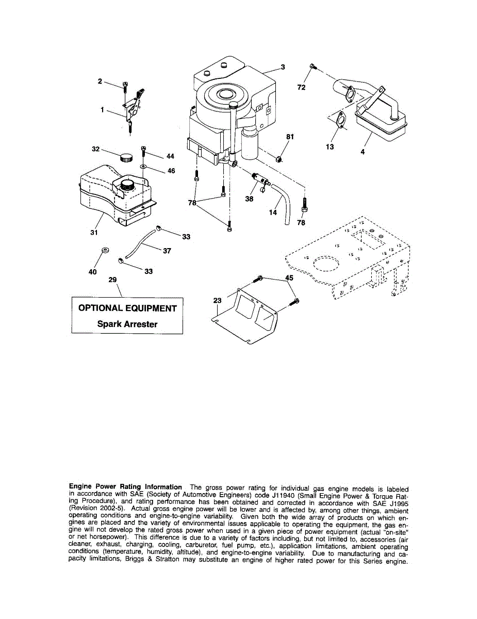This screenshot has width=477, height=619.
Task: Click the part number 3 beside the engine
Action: [x=283, y=67]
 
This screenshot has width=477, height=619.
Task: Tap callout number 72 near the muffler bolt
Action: [x=302, y=88]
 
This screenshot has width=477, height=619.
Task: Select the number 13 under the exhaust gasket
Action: [x=330, y=147]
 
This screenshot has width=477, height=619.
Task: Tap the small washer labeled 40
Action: [x=104, y=250]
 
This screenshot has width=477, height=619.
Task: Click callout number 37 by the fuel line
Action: [x=167, y=251]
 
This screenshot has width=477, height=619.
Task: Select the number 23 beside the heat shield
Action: [x=217, y=300]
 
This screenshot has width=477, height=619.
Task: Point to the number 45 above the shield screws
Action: [x=289, y=277]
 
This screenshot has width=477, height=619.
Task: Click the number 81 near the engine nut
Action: [x=290, y=136]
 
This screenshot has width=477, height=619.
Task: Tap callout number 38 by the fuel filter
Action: [x=249, y=198]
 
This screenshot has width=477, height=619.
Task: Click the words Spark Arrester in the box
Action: [x=127, y=324]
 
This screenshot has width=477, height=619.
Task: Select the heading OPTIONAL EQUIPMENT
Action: [x=127, y=308]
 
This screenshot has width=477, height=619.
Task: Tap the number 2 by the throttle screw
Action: [x=101, y=80]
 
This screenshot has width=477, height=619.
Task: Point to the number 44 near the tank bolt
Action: [x=170, y=156]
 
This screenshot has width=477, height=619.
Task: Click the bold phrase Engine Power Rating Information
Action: [x=125, y=486]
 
